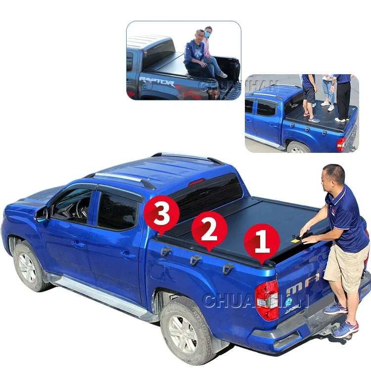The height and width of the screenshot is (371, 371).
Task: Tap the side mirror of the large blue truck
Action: click(x=42, y=214)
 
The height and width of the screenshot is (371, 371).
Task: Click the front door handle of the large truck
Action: click(x=79, y=243)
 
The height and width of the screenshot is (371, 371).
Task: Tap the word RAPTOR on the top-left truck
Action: click(x=156, y=81)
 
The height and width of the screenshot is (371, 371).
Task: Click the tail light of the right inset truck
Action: click(x=341, y=144)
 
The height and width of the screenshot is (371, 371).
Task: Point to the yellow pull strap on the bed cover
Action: click(x=296, y=240)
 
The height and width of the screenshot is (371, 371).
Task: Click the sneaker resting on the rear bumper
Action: click(x=345, y=329)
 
